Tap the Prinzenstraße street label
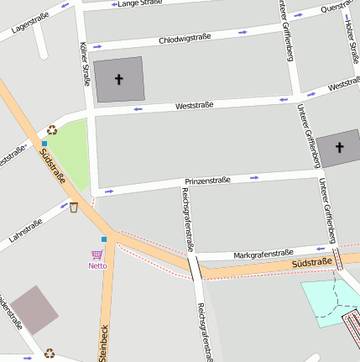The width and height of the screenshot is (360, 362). (207, 181)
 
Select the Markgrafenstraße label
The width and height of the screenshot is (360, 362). (263, 253)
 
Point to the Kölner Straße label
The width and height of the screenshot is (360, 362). (84, 64)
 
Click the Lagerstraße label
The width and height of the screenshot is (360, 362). (31, 24)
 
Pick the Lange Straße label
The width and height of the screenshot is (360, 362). (139, 4)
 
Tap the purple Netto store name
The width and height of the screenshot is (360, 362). (97, 266)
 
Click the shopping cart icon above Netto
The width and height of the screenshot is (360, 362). (97, 254)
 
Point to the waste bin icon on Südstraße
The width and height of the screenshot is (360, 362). (74, 207)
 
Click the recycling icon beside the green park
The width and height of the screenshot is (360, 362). (52, 130)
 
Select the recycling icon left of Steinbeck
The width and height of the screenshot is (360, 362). (50, 354)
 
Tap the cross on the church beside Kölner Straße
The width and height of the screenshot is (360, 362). (118, 80)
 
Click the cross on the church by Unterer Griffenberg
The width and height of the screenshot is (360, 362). (340, 147)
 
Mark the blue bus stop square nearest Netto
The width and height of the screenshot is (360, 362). (104, 239)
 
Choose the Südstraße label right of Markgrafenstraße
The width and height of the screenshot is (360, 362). (312, 264)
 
